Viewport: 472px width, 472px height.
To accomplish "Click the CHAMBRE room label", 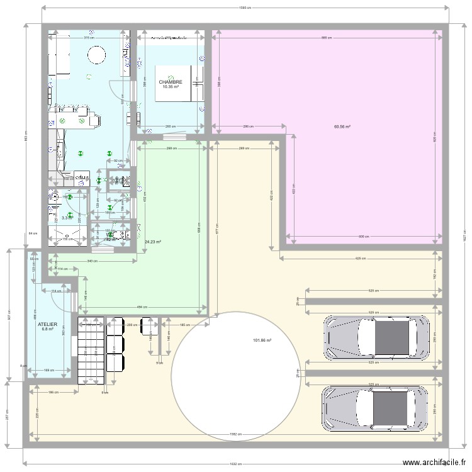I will coord(171,82).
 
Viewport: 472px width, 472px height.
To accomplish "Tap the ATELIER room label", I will coord(48,323).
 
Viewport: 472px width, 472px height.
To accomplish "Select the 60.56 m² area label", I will coord(342,126).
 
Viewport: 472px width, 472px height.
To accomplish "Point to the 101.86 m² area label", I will coord(262,340).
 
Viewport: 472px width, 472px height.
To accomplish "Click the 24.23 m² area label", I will coord(153,241).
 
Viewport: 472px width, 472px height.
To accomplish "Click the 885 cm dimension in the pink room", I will coord(324,38).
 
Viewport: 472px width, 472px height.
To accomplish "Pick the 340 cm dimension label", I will coord(92,261).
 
